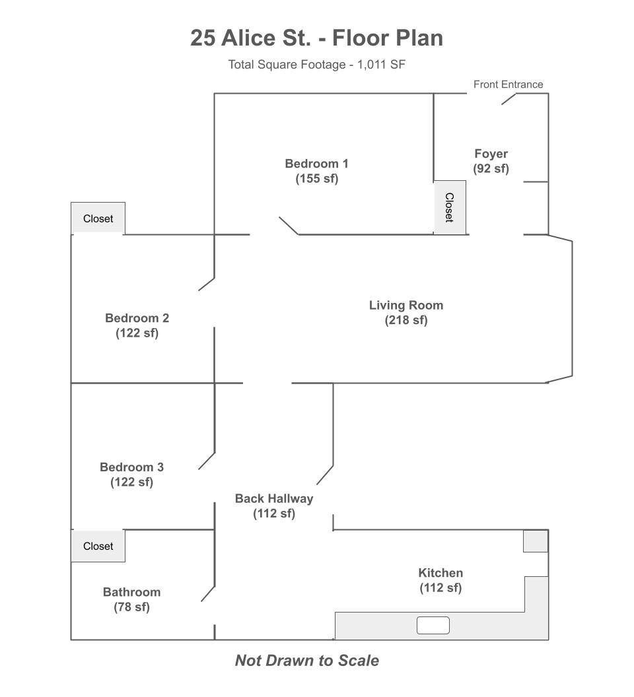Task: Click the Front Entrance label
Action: point(508,84)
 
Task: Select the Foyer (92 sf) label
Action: point(491,161)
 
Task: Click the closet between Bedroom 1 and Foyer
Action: point(450,208)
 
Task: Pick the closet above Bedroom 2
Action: point(98,218)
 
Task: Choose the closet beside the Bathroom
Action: point(98,546)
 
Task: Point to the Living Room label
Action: point(406,312)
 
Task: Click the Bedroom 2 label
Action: point(137,325)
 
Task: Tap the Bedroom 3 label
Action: point(131,475)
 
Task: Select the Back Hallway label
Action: point(274,506)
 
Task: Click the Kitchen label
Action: point(440,580)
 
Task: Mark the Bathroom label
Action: point(131,599)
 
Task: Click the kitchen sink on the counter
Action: point(433,626)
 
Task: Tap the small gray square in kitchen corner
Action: point(535,541)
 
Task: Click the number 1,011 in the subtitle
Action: point(372,65)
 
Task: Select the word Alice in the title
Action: point(248,38)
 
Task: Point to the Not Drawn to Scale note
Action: point(307,661)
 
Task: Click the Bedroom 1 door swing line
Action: point(289,226)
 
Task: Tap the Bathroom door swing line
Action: point(208,594)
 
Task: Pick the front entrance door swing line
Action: point(509,99)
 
